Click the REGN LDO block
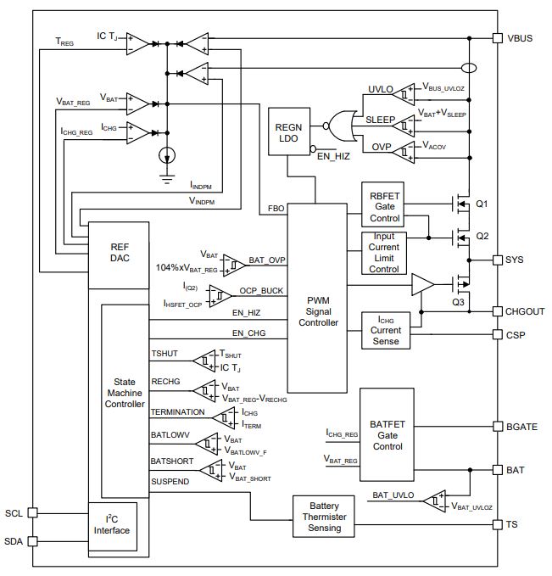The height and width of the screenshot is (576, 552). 289,131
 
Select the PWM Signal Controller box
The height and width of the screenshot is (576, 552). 317,299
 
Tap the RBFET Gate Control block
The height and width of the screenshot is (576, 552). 382,204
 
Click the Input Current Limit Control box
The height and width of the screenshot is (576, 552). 384,253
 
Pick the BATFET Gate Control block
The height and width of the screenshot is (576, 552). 388,434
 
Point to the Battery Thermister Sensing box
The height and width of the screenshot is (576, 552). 324,517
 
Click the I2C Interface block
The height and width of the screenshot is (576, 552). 113,527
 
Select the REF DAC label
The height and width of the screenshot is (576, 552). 120,252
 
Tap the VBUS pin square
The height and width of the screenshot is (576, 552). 497,38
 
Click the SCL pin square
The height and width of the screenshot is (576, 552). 33,512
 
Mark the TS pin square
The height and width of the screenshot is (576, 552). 497,524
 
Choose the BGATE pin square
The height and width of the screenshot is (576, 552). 497,427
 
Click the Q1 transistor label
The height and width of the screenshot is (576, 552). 482,204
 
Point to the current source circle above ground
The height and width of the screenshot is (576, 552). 167,156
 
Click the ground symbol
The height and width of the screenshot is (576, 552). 167,179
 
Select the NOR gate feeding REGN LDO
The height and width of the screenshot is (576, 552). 341,126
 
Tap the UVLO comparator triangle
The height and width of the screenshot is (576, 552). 404,94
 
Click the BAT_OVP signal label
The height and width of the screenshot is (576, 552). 267,260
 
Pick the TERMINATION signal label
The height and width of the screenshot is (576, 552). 178,412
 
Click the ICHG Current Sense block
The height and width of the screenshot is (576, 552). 386,330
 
